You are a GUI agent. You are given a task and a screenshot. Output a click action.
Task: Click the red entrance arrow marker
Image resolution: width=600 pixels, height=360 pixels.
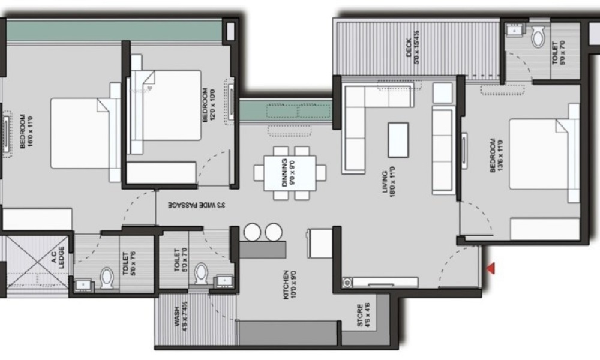tap(491, 269)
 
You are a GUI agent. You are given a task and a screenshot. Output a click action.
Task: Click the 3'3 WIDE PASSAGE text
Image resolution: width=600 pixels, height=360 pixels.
tap(195, 205)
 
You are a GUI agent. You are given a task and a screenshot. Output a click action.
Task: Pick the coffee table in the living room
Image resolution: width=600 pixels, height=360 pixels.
tap(398, 139)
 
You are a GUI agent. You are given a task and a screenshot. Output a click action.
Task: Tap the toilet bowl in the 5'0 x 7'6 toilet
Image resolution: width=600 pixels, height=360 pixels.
tap(107, 278)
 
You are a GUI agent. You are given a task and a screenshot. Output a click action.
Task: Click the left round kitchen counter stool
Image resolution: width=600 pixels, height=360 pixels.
tap(252, 232)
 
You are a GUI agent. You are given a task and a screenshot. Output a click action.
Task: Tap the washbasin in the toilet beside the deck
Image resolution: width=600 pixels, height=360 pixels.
tap(515, 29)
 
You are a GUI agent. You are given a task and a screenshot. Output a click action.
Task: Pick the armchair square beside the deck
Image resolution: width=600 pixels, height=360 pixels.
tap(442, 92)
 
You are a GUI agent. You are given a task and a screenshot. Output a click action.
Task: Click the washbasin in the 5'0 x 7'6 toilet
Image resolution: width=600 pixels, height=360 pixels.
tap(82, 284)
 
